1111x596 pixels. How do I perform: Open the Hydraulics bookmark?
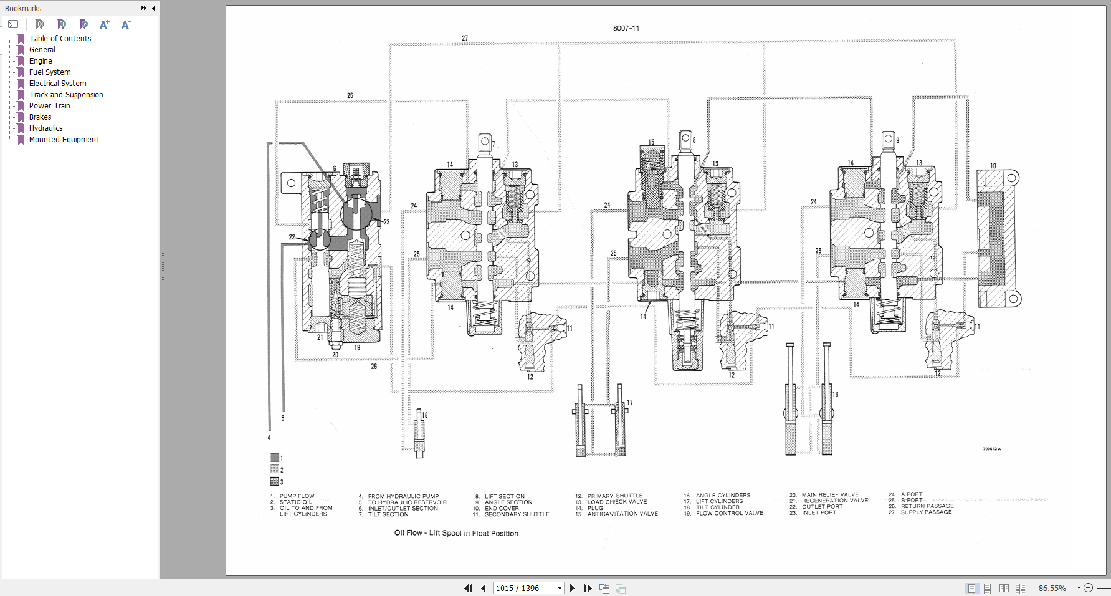(45, 128)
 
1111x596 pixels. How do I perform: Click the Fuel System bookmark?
(50, 72)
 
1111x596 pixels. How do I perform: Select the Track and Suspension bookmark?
(66, 95)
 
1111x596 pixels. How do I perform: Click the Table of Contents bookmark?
(60, 39)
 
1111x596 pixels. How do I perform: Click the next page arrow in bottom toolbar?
(572, 588)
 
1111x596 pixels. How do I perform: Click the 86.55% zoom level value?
(1052, 588)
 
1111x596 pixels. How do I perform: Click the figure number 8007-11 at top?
(626, 28)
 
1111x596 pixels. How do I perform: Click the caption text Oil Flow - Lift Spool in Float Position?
(456, 533)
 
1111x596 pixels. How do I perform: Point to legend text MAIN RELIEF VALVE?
(830, 494)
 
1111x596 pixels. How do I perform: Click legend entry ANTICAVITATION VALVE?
(622, 514)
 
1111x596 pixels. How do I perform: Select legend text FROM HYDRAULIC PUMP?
(403, 496)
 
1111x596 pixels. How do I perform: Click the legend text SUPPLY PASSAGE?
(926, 512)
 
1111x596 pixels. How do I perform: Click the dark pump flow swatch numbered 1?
(274, 458)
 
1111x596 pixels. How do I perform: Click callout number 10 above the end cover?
(993, 166)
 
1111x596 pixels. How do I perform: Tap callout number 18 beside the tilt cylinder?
(425, 415)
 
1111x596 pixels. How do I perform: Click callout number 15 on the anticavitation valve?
(651, 142)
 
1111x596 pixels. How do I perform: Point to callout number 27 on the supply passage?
(465, 38)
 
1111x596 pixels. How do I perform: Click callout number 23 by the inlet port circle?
(386, 222)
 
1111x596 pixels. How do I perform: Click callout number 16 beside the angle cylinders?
(836, 394)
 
